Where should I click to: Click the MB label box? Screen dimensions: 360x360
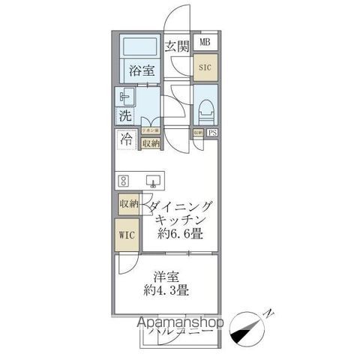point(205,42)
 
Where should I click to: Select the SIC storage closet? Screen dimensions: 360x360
point(205,67)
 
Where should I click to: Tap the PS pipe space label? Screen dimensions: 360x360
point(213,133)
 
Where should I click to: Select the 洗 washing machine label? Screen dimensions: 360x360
point(125,116)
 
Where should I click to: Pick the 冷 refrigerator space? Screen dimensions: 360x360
point(127,140)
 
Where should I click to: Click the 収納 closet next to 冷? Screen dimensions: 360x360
point(151,142)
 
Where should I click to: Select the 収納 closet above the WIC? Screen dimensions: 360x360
point(127,204)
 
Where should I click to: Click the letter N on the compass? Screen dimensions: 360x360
point(270,313)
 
